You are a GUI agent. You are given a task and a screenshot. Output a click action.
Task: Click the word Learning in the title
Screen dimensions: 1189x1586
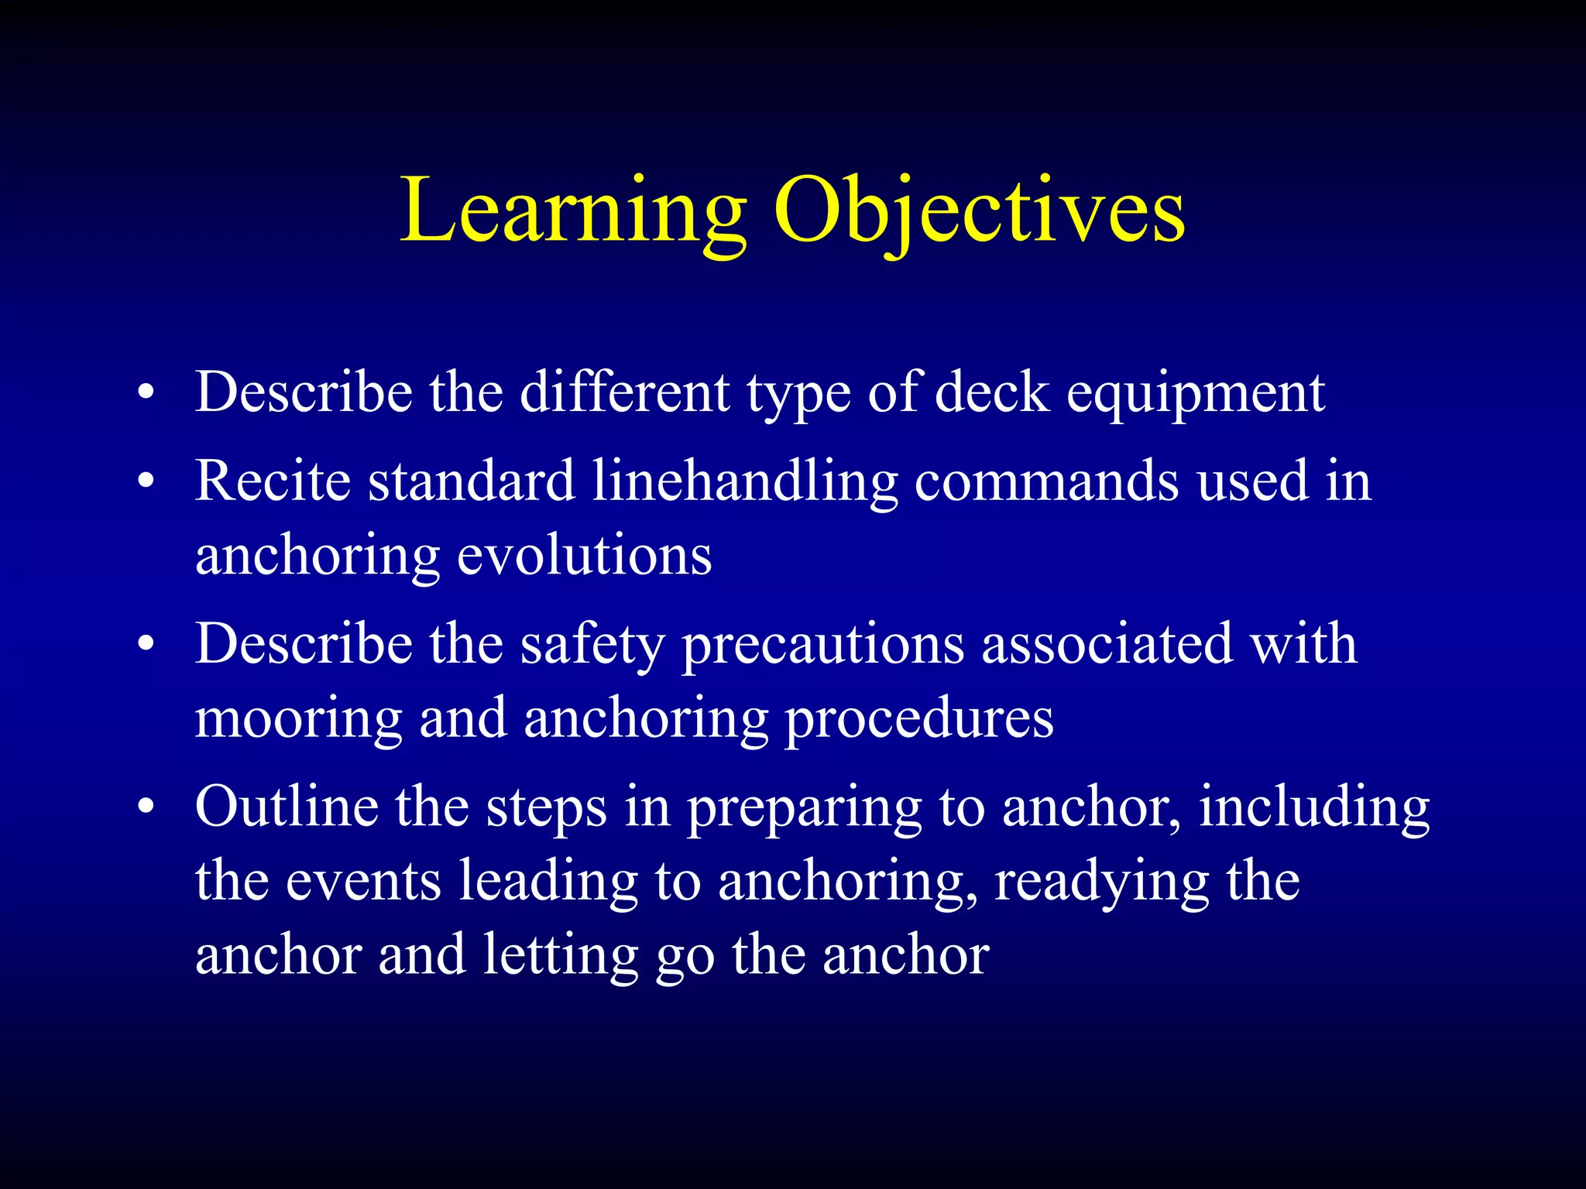point(573,211)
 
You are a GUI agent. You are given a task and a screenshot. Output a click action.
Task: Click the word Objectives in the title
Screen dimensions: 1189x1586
point(979,211)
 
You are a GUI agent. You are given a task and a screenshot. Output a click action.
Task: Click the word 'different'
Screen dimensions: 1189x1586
point(624,393)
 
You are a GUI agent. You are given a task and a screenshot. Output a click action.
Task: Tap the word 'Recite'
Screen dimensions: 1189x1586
point(273,481)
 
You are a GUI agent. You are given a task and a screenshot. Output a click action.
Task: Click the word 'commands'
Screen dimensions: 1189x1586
point(1046,481)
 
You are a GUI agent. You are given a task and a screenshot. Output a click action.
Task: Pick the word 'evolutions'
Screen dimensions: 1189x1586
point(585,556)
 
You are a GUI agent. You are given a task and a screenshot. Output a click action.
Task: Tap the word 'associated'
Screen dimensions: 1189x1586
point(1107,644)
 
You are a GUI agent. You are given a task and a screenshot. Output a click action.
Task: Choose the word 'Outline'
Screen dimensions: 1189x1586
point(287,807)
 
